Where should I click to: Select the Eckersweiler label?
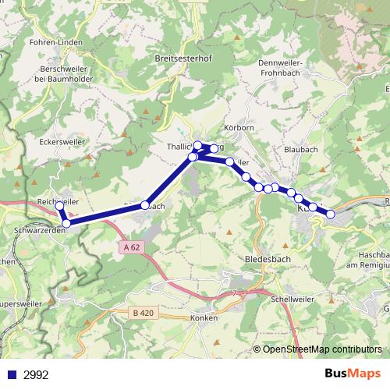(60, 143)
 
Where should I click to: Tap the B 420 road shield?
(141, 312)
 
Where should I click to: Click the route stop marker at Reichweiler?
(59, 206)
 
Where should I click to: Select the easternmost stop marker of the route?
(330, 214)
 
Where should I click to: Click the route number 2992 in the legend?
(36, 374)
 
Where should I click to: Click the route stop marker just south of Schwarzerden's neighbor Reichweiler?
(66, 223)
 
